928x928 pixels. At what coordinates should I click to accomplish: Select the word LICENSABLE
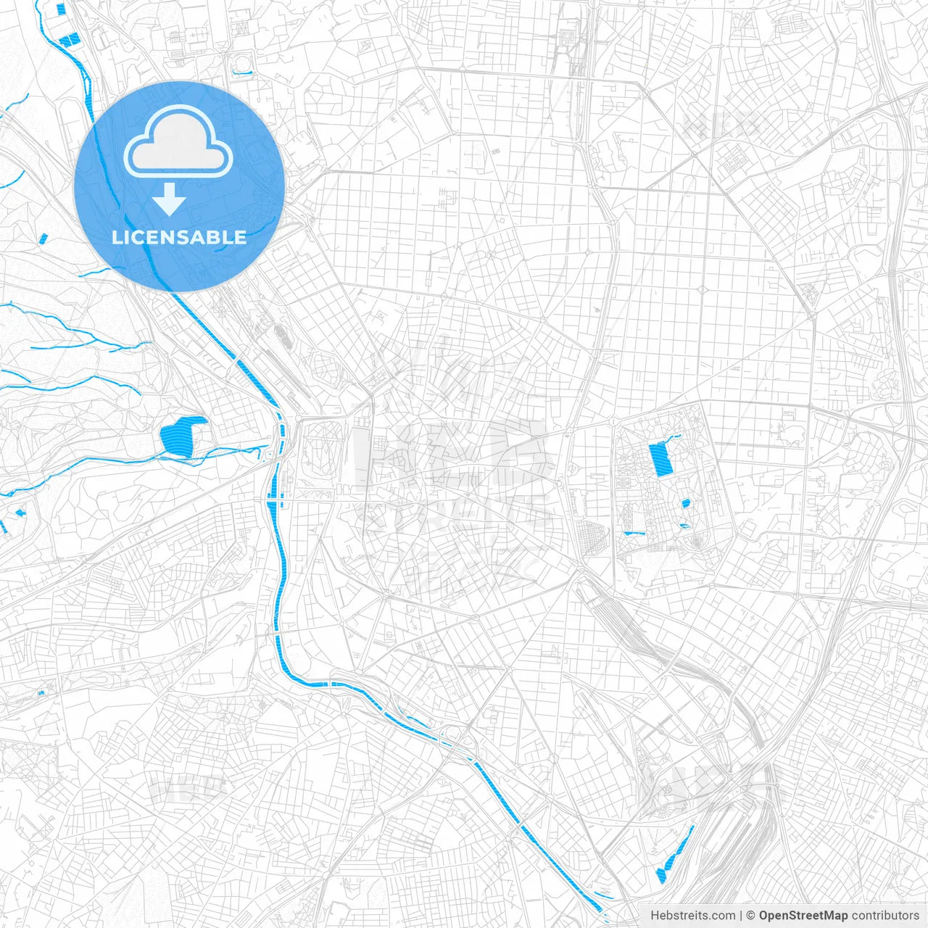click(179, 237)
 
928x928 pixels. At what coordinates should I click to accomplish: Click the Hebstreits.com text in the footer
click(692, 916)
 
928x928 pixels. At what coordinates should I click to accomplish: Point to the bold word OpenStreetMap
click(803, 916)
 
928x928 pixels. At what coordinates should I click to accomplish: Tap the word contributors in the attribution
click(885, 916)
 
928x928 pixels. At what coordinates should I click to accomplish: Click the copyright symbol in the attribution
click(751, 916)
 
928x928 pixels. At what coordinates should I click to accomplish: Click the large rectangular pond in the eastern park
click(660, 459)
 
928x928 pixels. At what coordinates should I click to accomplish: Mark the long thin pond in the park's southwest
click(634, 534)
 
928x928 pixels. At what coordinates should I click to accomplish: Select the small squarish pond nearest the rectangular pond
click(685, 503)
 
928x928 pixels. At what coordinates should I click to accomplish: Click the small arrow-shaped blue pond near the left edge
click(20, 513)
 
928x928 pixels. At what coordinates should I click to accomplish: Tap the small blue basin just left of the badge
click(43, 237)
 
